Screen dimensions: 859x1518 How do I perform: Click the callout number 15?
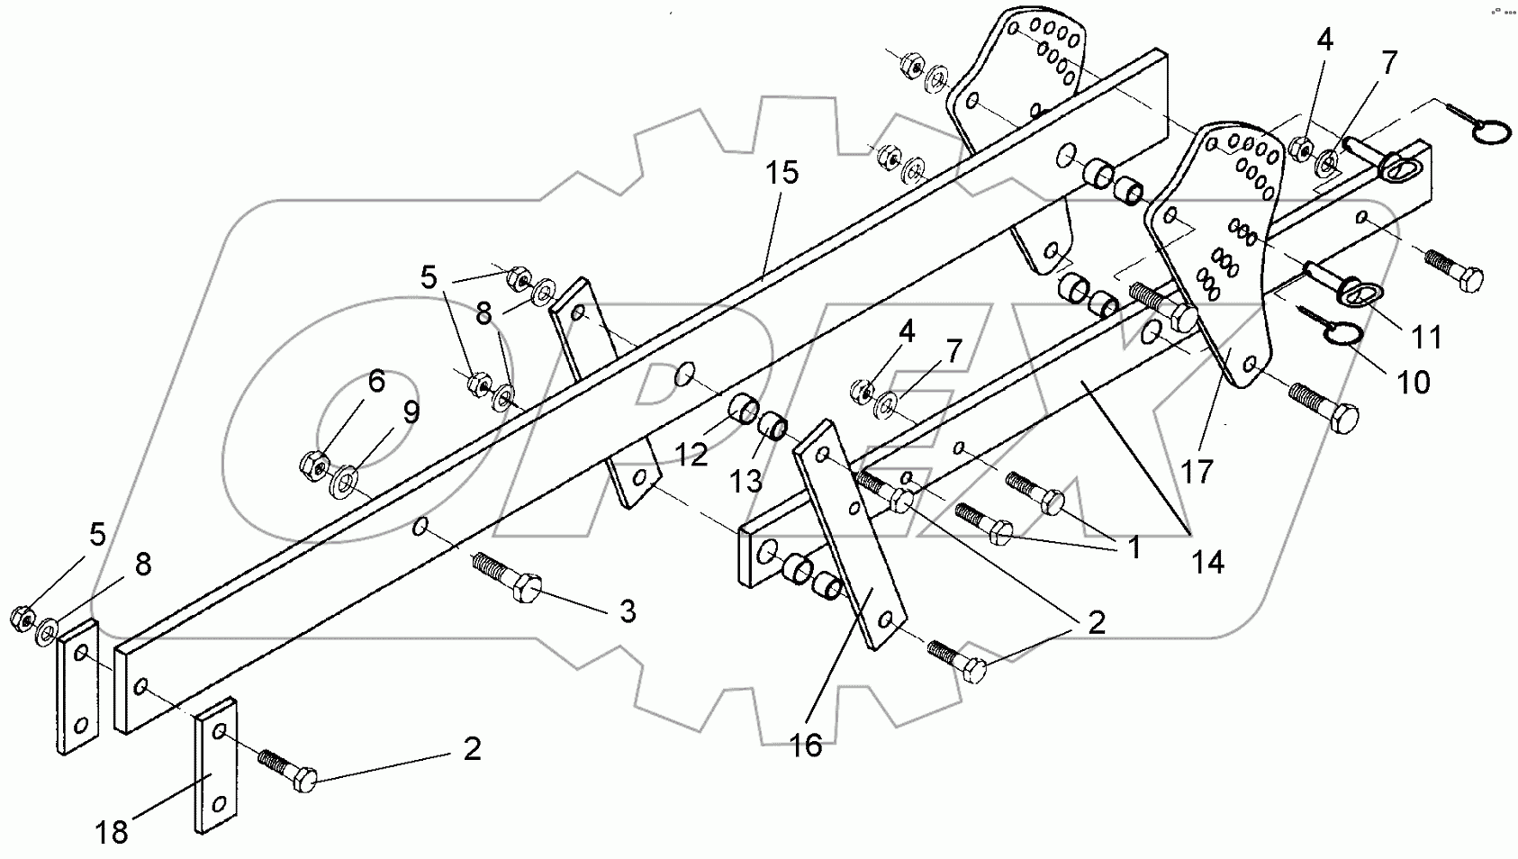[782, 173]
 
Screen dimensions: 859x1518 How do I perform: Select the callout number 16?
[807, 746]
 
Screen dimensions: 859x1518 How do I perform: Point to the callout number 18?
[113, 833]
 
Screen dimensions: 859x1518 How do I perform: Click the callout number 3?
[628, 612]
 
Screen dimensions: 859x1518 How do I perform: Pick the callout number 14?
[1207, 563]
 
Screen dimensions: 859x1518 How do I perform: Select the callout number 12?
[691, 456]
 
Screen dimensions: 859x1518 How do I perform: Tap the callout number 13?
[746, 482]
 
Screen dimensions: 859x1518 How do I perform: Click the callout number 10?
[1414, 382]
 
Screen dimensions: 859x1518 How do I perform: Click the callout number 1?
[1134, 546]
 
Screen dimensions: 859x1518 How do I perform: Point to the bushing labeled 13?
[774, 424]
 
